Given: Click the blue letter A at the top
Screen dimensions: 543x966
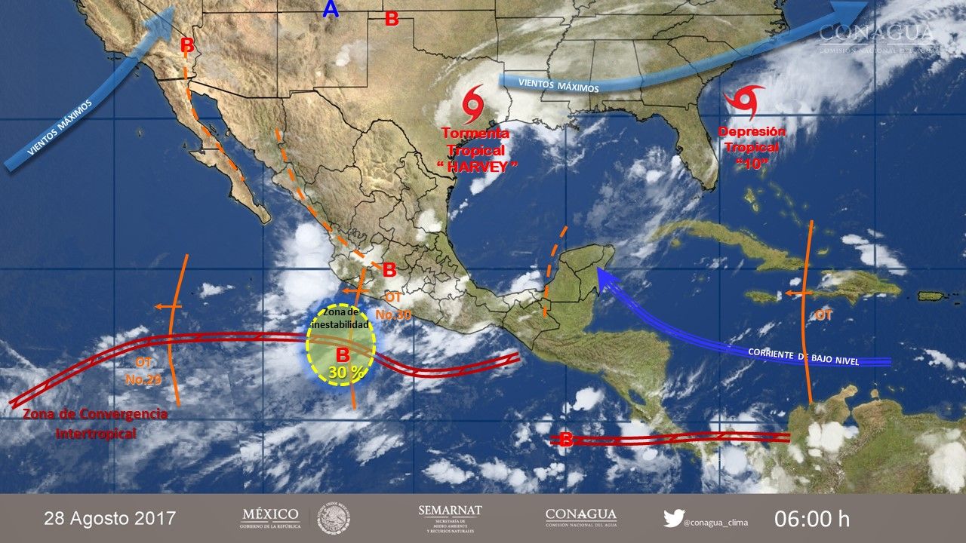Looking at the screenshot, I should [331, 10].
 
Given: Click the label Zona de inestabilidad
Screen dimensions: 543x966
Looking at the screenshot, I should [343, 318].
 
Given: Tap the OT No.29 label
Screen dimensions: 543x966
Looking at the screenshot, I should [143, 370].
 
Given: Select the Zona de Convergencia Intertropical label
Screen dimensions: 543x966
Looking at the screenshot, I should [95, 423].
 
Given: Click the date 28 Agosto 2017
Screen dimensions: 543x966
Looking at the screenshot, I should [110, 519].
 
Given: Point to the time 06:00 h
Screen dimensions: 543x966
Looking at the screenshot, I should [812, 519].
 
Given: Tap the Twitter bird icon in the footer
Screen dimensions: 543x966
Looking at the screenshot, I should [673, 518].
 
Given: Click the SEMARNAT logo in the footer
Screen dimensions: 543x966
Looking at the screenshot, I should [450, 518].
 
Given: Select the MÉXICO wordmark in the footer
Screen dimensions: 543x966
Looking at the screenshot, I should [270, 514].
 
